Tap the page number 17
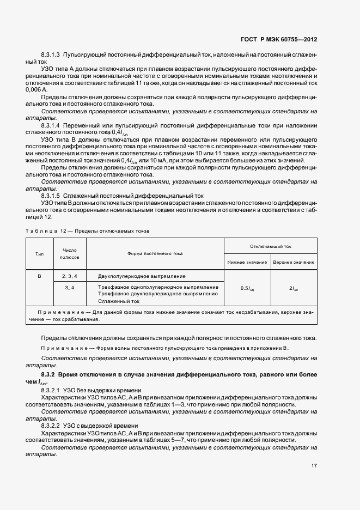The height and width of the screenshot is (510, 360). [x=314, y=466]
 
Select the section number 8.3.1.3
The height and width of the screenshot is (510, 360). [x=51, y=55]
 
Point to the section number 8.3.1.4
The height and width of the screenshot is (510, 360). [x=51, y=125]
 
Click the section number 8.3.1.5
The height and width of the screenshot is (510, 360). [x=51, y=195]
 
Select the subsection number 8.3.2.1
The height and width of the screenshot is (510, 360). [x=51, y=391]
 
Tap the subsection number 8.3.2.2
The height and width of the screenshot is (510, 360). [x=51, y=426]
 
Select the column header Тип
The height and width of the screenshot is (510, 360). [x=40, y=253]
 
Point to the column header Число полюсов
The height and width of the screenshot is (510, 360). [x=70, y=253]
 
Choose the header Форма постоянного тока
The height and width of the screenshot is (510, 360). [x=155, y=253]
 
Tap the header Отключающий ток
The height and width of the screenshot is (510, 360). [x=271, y=246]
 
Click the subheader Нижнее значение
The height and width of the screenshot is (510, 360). [x=247, y=262]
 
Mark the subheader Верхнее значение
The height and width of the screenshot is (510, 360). [x=294, y=262]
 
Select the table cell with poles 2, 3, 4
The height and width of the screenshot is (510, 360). [x=70, y=276]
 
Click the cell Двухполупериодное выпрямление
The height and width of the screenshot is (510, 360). [x=142, y=276]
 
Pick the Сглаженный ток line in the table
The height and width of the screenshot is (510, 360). [x=119, y=300]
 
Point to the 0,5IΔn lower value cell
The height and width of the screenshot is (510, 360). [x=247, y=288]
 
